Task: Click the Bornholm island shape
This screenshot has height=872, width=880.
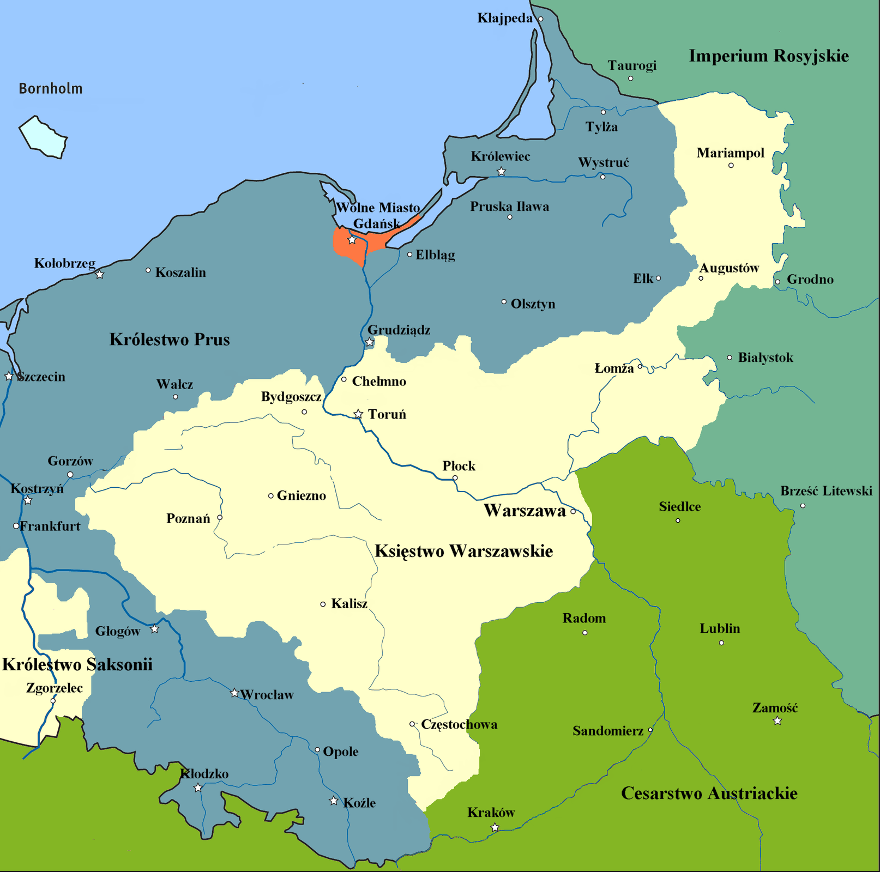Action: [43, 137]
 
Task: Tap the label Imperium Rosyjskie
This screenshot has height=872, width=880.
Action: [768, 56]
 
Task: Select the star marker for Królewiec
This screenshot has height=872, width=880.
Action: [501, 172]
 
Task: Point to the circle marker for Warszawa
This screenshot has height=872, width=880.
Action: [573, 512]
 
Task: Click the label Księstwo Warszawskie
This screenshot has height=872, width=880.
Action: [463, 551]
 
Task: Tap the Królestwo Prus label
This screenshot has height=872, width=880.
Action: [170, 340]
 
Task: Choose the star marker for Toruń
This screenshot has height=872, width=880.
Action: [358, 414]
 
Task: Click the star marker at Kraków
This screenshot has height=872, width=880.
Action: [495, 827]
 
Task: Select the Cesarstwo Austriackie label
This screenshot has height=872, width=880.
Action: [709, 793]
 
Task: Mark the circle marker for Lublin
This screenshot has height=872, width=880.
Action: [721, 643]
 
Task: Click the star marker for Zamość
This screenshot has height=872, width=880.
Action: [777, 721]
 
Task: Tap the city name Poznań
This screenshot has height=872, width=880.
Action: [188, 518]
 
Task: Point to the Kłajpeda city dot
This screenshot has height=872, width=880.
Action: [540, 19]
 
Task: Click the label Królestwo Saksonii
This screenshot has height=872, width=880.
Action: [77, 664]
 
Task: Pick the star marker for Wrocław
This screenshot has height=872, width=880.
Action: [234, 693]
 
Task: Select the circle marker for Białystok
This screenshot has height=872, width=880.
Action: [730, 358]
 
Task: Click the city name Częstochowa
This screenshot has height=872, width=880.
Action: [459, 724]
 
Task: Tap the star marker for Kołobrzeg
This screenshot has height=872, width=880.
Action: [99, 275]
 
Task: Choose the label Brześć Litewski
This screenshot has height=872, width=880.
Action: [826, 491]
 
